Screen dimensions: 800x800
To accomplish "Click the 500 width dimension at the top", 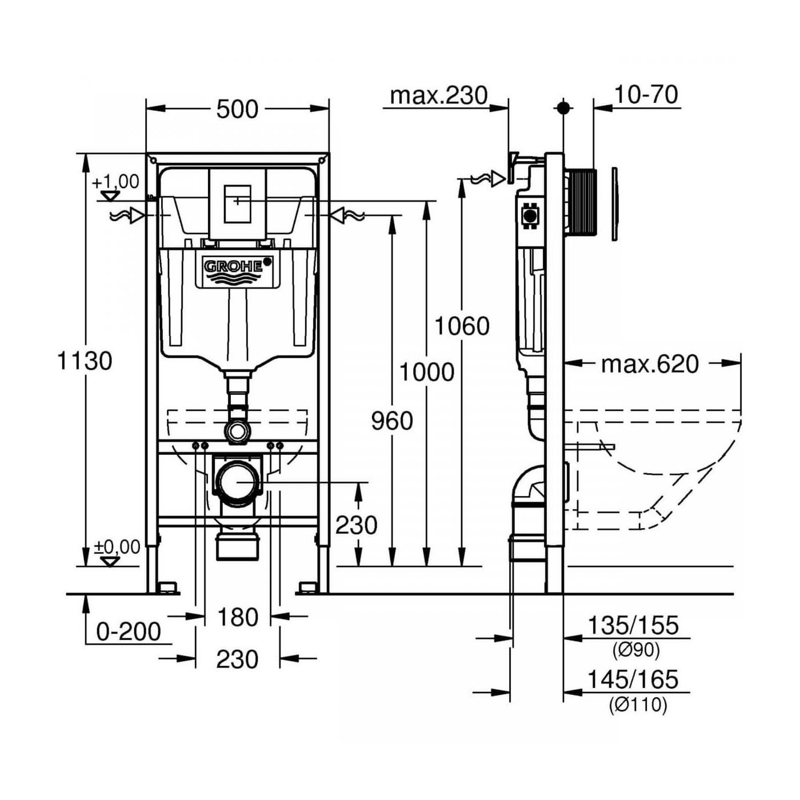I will click(x=237, y=109).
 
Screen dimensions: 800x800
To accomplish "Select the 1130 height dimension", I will click(x=85, y=361).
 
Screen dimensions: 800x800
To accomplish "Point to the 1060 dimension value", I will click(x=462, y=326).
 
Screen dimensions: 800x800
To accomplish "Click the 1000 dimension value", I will click(x=426, y=373).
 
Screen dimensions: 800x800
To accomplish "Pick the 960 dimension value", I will click(x=392, y=421).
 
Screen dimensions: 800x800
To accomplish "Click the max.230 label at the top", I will click(x=438, y=95).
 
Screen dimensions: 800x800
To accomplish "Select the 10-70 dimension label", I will click(x=646, y=94).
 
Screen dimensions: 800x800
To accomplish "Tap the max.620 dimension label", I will click(x=650, y=364).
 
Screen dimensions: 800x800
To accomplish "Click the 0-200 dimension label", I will click(x=129, y=632).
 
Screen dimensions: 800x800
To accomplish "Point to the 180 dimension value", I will click(x=237, y=618).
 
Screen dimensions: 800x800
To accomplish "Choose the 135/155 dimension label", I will click(x=633, y=626).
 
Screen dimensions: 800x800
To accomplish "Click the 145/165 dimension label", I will click(x=633, y=679).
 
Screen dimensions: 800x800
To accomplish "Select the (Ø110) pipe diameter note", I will click(x=638, y=705).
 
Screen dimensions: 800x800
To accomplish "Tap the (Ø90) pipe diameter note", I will click(x=636, y=650).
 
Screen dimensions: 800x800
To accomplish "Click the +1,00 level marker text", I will click(x=116, y=182).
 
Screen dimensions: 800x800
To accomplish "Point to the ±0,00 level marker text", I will click(x=117, y=547).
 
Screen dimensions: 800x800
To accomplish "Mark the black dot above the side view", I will click(x=563, y=107).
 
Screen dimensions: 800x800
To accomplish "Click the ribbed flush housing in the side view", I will click(x=582, y=202).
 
